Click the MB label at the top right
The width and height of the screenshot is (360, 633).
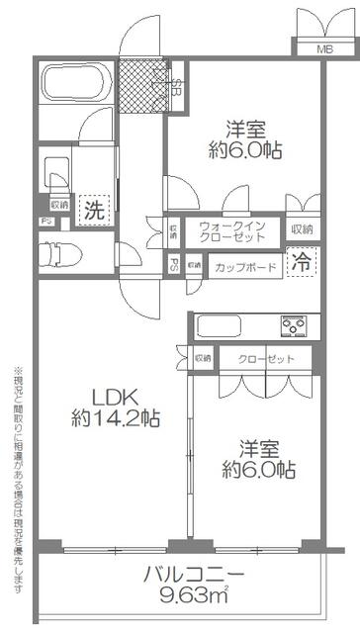pyautogui.click(x=324, y=48)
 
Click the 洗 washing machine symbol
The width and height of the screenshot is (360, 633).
pyautogui.click(x=93, y=209)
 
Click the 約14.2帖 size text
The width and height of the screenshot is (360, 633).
pyautogui.click(x=115, y=417)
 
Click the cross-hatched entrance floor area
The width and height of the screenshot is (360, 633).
pyautogui.click(x=142, y=85)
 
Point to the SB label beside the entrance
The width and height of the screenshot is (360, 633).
pyautogui.click(x=176, y=85)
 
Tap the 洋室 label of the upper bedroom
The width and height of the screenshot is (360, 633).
pyautogui.click(x=245, y=129)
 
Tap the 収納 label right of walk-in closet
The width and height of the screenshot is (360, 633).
pyautogui.click(x=303, y=229)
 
